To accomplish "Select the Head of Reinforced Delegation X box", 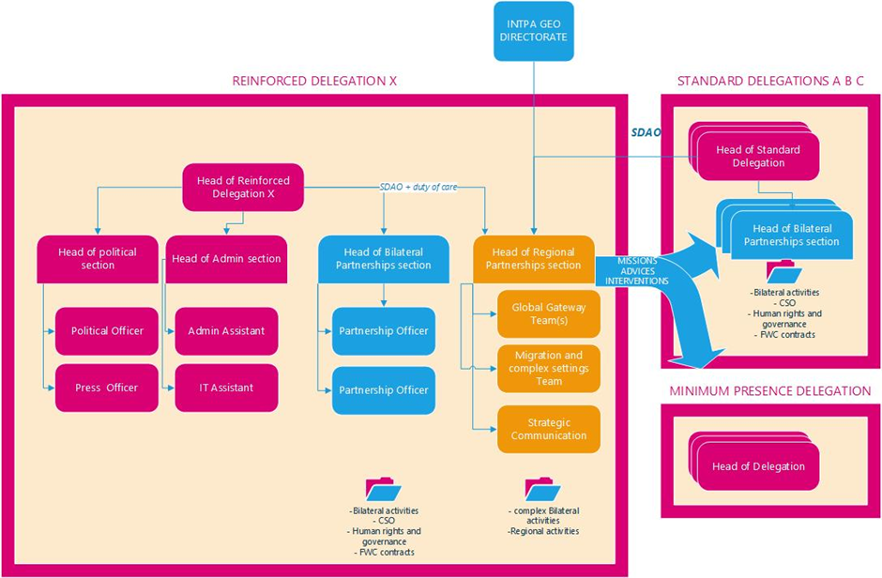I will click(x=242, y=187).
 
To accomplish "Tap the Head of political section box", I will click(x=97, y=259).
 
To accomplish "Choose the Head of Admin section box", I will click(x=224, y=259).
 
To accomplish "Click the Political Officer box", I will click(x=107, y=331).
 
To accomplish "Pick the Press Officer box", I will click(x=107, y=388).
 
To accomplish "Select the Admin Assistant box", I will click(x=226, y=331).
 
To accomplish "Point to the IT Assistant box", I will click(x=226, y=388).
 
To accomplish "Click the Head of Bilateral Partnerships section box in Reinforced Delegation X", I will click(x=382, y=259).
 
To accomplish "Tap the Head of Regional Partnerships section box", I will click(x=533, y=259).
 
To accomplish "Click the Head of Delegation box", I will click(x=757, y=466).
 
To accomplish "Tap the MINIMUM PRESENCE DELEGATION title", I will click(x=769, y=390).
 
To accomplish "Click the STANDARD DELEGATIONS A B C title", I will click(x=770, y=81).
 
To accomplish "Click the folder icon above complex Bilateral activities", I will click(x=542, y=489).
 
